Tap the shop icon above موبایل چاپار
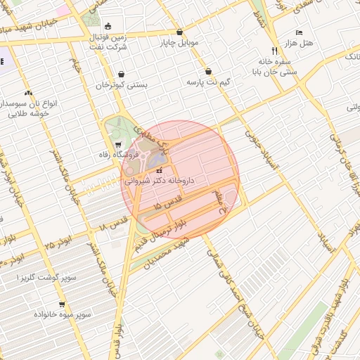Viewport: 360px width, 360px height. (180, 32)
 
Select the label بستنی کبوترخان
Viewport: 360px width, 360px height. (122, 85)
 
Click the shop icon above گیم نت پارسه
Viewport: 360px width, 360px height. (209, 72)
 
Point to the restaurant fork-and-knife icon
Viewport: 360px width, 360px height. (274, 50)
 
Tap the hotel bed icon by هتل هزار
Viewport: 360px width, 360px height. (300, 34)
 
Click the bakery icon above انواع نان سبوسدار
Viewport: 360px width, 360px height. (28, 93)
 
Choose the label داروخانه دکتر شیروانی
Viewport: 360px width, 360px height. (159, 181)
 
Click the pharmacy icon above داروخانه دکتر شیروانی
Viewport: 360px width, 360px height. (159, 170)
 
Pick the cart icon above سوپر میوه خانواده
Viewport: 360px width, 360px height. (62, 304)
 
